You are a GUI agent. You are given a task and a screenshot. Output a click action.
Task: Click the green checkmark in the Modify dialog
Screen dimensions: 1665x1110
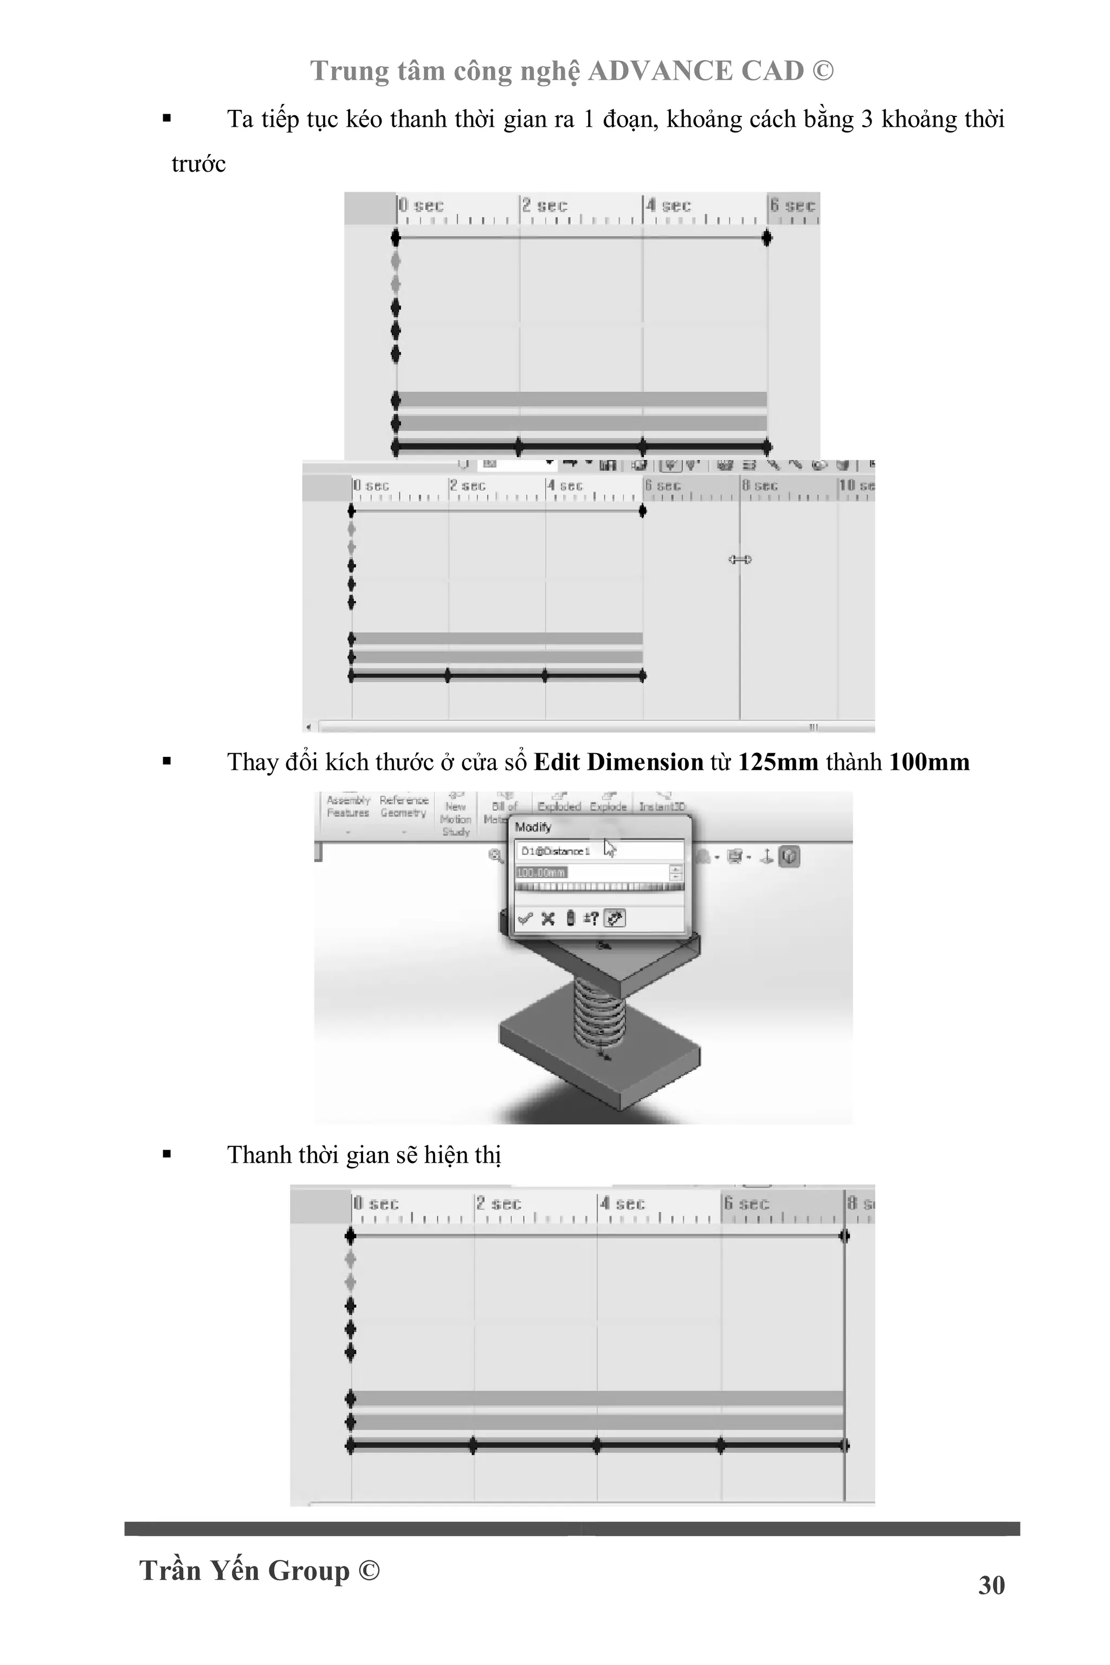(525, 918)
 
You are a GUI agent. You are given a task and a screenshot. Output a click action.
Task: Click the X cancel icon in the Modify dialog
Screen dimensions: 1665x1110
(547, 918)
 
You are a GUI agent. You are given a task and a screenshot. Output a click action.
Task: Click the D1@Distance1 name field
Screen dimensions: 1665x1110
(598, 851)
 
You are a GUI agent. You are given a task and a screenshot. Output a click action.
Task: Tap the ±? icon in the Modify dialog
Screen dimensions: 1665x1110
(590, 918)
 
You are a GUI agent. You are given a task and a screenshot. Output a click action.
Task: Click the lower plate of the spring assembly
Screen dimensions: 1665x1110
(599, 1061)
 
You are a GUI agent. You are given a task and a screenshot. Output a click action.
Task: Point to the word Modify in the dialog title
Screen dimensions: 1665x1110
(533, 827)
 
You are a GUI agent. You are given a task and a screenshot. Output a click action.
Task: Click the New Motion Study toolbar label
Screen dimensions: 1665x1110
(456, 819)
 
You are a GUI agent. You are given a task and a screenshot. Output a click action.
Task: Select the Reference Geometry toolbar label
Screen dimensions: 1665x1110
(403, 807)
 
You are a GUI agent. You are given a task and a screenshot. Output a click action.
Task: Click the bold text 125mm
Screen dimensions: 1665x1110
(777, 762)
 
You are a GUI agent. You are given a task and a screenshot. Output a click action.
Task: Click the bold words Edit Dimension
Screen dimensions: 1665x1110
(618, 762)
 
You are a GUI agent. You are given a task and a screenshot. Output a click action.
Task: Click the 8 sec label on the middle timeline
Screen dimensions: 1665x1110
(760, 485)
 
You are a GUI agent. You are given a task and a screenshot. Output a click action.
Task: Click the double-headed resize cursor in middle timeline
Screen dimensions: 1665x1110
(740, 560)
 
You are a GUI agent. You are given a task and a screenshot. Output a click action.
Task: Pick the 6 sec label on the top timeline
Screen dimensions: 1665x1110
(793, 205)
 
